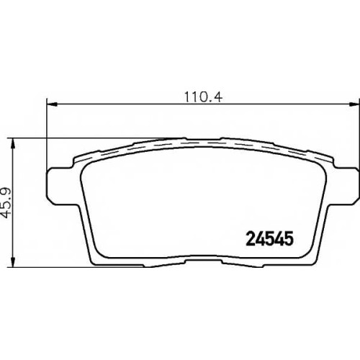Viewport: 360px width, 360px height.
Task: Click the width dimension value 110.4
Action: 204,97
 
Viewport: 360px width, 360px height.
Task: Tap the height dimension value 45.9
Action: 7,202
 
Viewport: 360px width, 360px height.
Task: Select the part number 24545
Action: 270,239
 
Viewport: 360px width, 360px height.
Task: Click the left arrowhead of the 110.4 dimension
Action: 52,104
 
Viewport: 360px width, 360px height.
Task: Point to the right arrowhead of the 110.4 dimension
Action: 354,104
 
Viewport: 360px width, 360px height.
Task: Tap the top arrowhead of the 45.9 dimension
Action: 13,144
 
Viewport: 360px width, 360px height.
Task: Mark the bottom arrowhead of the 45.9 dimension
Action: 13,261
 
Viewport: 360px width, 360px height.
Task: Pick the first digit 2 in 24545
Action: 251,239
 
